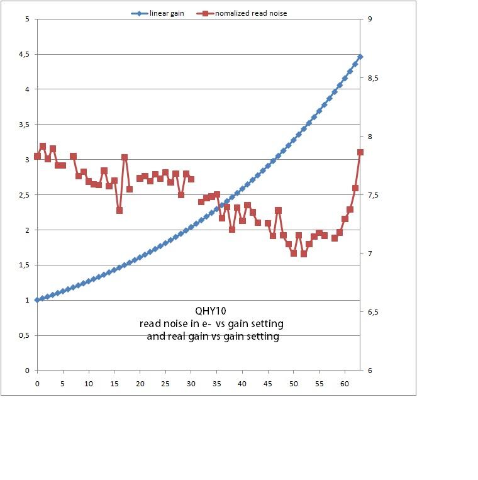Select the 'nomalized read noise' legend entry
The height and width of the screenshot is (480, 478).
click(251, 13)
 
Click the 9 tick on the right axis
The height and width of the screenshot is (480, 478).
click(370, 19)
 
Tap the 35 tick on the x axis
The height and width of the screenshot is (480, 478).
click(216, 382)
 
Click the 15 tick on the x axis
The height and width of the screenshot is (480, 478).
click(114, 382)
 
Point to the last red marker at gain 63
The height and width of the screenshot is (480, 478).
click(360, 152)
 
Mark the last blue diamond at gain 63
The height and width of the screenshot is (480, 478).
click(360, 57)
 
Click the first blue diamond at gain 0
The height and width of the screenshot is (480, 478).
click(37, 300)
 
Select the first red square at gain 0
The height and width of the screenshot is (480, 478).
click(37, 156)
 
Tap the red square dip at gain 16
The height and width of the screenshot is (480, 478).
click(119, 211)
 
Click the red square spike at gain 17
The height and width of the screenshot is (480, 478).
click(125, 157)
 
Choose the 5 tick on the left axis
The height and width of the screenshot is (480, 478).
click(27, 19)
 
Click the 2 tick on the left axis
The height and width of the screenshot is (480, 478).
click(27, 230)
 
